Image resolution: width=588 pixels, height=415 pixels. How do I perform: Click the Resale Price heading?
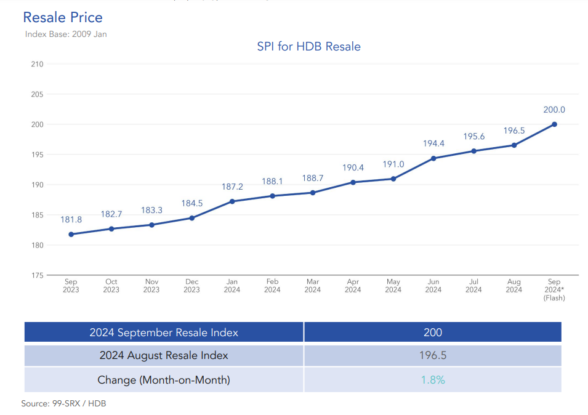coord(63,17)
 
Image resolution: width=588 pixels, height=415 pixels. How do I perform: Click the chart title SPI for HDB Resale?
coord(308,47)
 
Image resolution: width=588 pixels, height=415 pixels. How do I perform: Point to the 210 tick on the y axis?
coord(37,64)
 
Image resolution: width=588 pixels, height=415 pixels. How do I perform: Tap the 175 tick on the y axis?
coord(37,275)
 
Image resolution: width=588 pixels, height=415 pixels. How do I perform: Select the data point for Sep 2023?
coord(71,234)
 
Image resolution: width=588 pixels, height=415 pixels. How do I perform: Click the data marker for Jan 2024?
coord(232,201)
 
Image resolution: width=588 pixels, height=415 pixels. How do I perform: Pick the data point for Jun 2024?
coord(433,158)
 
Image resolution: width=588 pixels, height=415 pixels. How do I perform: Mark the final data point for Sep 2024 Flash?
coord(554,124)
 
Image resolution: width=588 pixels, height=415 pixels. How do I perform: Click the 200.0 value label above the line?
coord(554,110)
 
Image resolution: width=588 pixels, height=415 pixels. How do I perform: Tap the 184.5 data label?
coord(192,203)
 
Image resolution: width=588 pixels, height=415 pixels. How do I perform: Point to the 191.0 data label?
coord(393,164)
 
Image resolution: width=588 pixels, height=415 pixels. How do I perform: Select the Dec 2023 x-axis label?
coord(192,286)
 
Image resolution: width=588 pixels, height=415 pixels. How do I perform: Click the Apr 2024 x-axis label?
coord(353,286)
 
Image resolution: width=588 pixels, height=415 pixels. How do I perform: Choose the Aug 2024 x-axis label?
coord(513,286)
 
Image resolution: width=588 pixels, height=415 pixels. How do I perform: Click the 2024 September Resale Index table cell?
coord(164,332)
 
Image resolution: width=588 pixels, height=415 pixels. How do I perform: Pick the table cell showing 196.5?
coord(433,356)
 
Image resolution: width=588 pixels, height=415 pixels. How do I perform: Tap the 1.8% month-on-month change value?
coord(433,380)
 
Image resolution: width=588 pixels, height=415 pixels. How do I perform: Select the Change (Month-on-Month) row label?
coord(164,380)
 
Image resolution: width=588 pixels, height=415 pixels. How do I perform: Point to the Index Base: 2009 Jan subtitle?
coord(66,34)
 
